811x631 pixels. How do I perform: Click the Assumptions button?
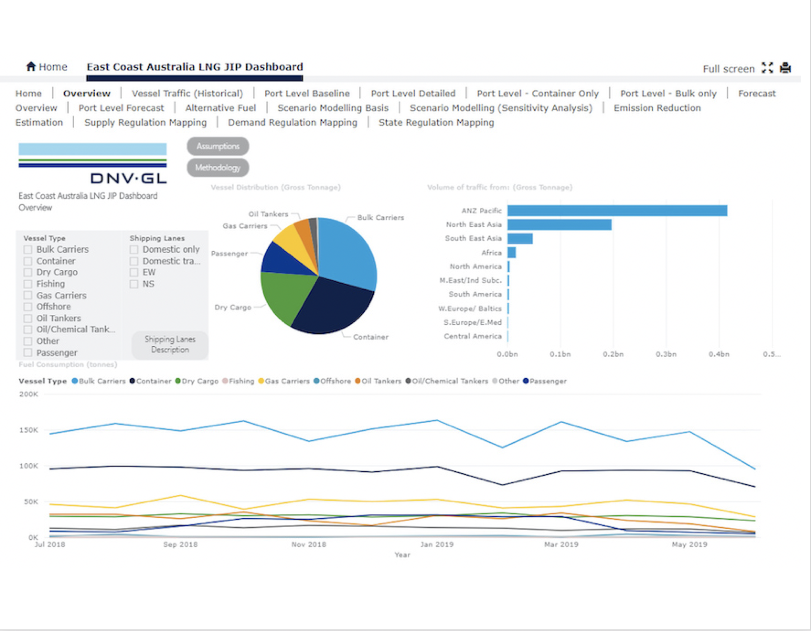click(218, 146)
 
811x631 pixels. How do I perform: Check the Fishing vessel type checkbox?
click(28, 284)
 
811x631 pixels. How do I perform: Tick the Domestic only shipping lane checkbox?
click(134, 250)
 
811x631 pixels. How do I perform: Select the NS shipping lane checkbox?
click(134, 284)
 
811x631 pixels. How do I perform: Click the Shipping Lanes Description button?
click(170, 345)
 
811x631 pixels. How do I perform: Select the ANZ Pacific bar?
click(617, 211)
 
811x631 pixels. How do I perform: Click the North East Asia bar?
click(559, 225)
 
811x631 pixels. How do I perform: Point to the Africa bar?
click(512, 253)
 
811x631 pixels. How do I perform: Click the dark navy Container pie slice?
click(334, 310)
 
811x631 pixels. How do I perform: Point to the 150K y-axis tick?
click(29, 430)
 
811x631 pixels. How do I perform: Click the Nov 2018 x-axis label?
click(309, 544)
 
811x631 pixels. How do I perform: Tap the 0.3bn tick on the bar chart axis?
click(666, 354)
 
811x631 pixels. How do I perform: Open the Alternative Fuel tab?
click(220, 108)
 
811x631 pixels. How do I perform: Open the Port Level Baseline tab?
click(307, 93)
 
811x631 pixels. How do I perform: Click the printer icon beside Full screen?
click(785, 68)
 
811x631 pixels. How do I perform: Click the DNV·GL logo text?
click(129, 178)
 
